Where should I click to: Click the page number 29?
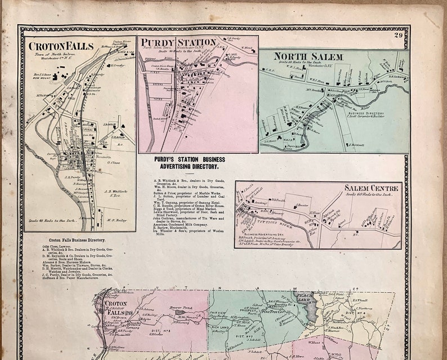pos(399,36)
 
